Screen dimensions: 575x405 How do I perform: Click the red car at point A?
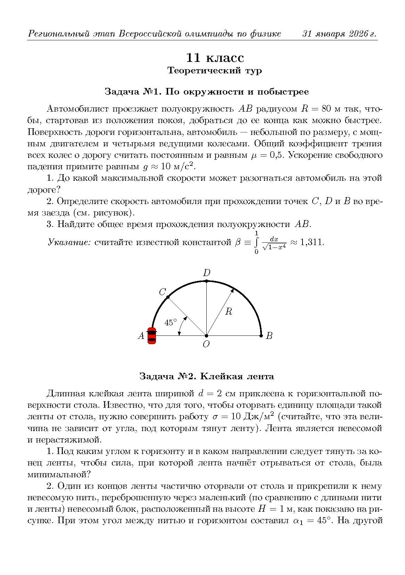point(152,335)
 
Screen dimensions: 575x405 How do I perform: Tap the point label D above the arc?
point(207,273)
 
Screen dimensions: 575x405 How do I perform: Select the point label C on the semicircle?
point(162,292)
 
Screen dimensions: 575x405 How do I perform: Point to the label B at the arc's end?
point(269,336)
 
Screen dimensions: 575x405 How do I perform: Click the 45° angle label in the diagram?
point(170,322)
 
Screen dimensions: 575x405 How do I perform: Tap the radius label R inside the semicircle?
point(228,311)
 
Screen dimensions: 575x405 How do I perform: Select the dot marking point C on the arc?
point(168,297)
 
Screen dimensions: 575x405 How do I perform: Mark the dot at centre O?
point(206,336)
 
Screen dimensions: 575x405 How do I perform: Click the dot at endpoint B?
point(261,336)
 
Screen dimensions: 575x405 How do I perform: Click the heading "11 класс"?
point(215,58)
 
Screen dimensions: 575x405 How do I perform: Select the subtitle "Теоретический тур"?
point(214,71)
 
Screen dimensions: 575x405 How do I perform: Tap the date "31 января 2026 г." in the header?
point(339,34)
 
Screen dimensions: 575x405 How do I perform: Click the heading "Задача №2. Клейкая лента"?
point(206,376)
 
